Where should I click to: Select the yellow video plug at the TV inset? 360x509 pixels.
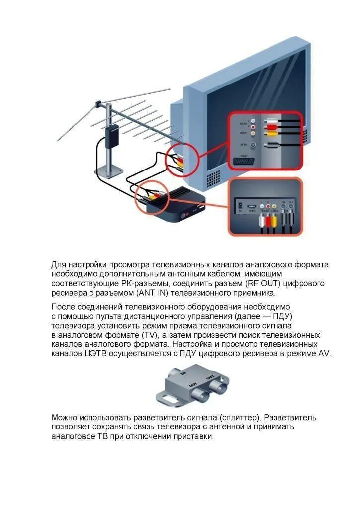271,133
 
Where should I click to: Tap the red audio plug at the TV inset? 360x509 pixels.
271,127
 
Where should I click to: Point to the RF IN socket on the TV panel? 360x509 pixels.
253,145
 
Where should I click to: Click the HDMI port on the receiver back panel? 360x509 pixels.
252,206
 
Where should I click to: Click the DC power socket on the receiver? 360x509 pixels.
241,206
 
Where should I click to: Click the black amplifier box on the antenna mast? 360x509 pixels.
112,135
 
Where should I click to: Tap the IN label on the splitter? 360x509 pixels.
183,372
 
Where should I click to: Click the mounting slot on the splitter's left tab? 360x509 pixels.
167,399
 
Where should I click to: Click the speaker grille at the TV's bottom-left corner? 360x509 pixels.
212,177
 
